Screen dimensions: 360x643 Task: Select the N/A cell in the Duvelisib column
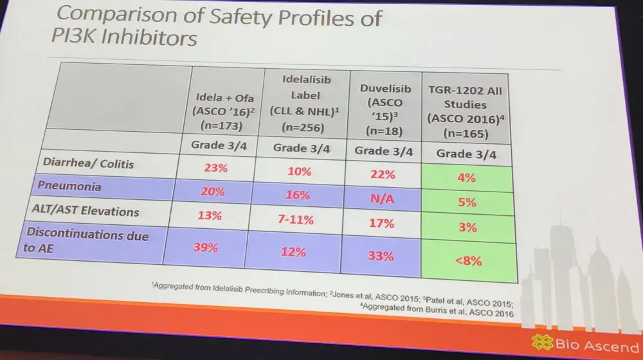(382, 199)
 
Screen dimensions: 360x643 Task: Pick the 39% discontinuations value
(212, 247)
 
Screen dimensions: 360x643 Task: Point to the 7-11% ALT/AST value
(296, 220)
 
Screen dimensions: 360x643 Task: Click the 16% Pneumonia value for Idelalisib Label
(298, 195)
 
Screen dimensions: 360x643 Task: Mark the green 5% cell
(467, 201)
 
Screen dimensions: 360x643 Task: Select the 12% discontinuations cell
(293, 251)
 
